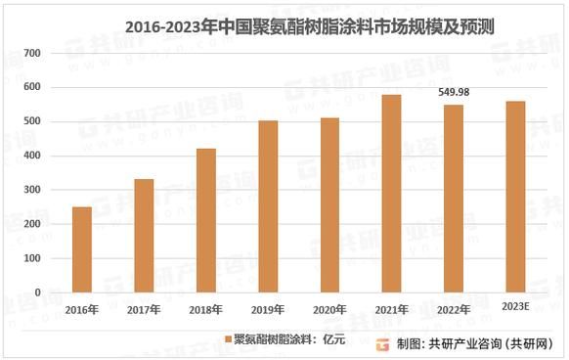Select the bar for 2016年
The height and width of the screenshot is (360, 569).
click(x=81, y=249)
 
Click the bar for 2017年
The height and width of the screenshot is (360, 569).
click(x=144, y=236)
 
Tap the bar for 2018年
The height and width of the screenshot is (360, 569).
click(x=205, y=220)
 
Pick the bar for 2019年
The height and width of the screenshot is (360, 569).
click(x=268, y=206)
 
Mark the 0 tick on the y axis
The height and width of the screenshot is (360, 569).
click(x=38, y=292)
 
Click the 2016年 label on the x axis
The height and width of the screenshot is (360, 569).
click(x=81, y=309)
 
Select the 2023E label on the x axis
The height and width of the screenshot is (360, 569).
click(x=515, y=309)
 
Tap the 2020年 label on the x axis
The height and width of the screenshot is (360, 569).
click(x=329, y=309)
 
